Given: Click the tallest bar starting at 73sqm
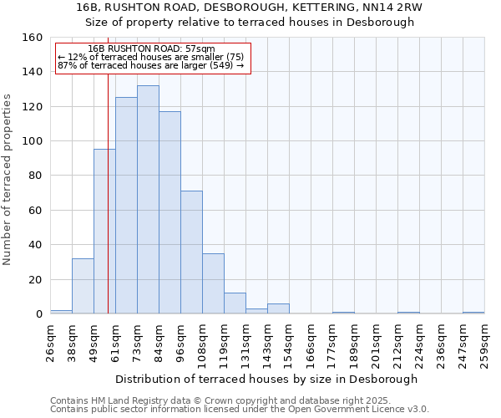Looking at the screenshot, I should (x=148, y=200).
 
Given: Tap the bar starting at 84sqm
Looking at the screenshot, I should (x=170, y=212).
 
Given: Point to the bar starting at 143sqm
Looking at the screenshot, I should (x=278, y=308).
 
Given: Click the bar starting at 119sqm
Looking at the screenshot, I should (x=235, y=303).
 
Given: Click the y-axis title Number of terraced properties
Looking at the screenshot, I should (x=8, y=180).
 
